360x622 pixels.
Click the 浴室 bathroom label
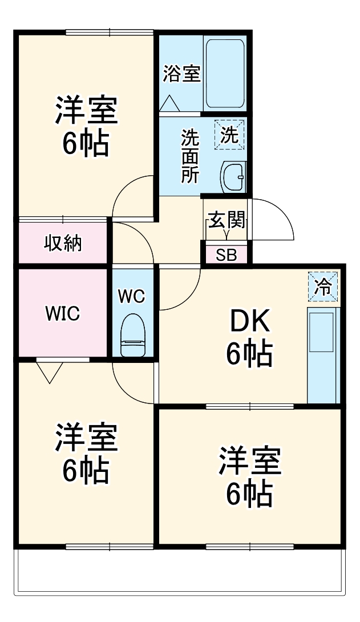(182, 74)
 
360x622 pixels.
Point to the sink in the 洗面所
(233, 176)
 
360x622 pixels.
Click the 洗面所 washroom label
(190, 156)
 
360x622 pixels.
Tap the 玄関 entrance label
(226, 220)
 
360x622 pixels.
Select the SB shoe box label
(226, 255)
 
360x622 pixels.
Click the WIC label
(63, 313)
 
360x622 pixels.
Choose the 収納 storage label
(63, 243)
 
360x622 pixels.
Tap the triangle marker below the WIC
(50, 371)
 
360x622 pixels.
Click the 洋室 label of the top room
(86, 111)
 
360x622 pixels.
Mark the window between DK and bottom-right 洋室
(249, 406)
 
